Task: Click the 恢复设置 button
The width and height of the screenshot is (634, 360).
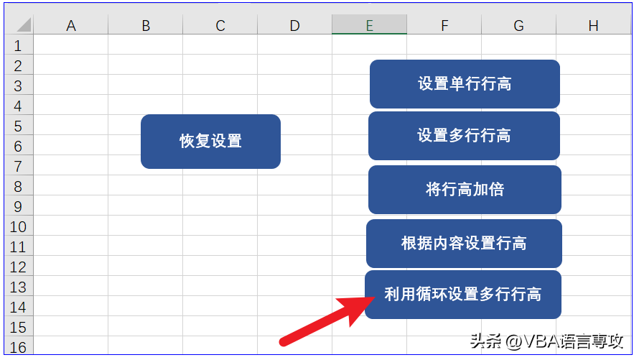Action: [210, 142]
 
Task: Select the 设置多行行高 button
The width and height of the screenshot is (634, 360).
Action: [464, 136]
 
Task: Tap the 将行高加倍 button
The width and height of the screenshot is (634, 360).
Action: [465, 189]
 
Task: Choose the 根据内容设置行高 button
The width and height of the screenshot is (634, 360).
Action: [464, 244]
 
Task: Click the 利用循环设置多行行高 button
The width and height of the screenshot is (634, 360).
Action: [463, 295]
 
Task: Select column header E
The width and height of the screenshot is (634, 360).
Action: [370, 25]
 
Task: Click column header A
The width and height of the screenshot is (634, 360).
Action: [71, 25]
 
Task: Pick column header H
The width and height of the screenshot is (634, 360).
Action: [593, 25]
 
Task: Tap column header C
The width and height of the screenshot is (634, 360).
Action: [220, 25]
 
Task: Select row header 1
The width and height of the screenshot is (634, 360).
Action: [19, 45]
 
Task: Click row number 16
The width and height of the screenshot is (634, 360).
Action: [19, 346]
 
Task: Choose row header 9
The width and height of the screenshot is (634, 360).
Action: [19, 206]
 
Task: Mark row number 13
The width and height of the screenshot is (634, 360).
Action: [19, 287]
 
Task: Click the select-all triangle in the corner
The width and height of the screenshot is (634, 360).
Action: [24, 25]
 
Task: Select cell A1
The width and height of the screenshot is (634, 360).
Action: [71, 45]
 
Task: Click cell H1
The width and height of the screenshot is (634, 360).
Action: [593, 45]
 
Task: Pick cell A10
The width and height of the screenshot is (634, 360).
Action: [71, 226]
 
